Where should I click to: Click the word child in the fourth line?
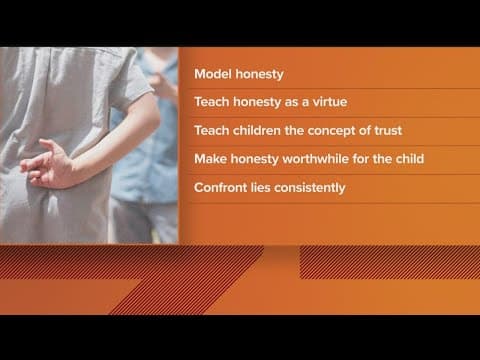click(397, 159)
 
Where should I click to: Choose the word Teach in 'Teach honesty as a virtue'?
click(213, 103)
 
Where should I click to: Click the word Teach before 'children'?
click(213, 131)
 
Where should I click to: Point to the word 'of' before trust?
click(361, 131)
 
